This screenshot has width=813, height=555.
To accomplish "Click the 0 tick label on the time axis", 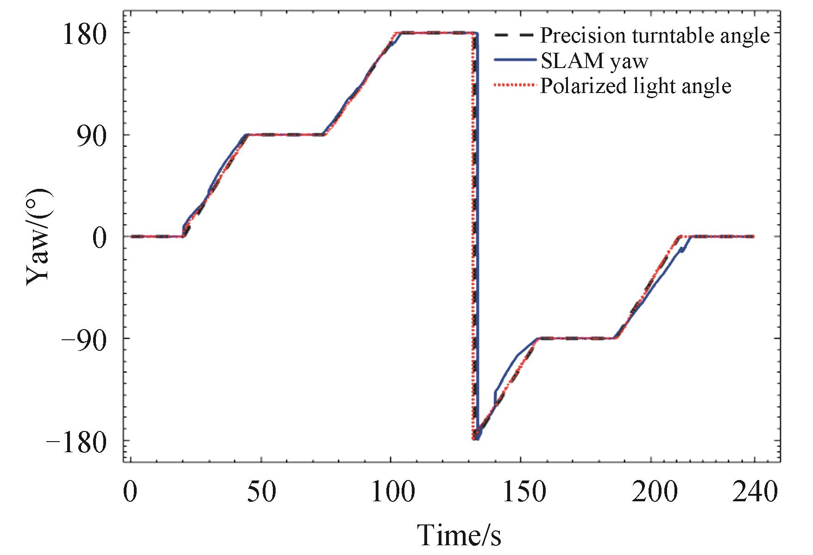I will tap(132, 493).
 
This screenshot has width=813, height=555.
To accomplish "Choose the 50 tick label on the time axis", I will tap(262, 493).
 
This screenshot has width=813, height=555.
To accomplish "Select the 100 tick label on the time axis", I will tap(391, 493).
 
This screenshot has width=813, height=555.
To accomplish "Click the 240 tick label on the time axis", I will tap(755, 493).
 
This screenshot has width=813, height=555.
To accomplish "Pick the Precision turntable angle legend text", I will tap(655, 35).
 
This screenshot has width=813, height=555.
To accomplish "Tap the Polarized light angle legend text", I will tap(635, 86).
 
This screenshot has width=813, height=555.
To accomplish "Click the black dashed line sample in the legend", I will tap(514, 35).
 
